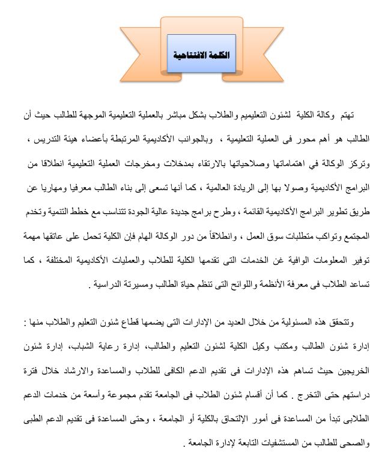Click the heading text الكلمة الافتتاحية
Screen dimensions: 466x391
click(201, 54)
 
